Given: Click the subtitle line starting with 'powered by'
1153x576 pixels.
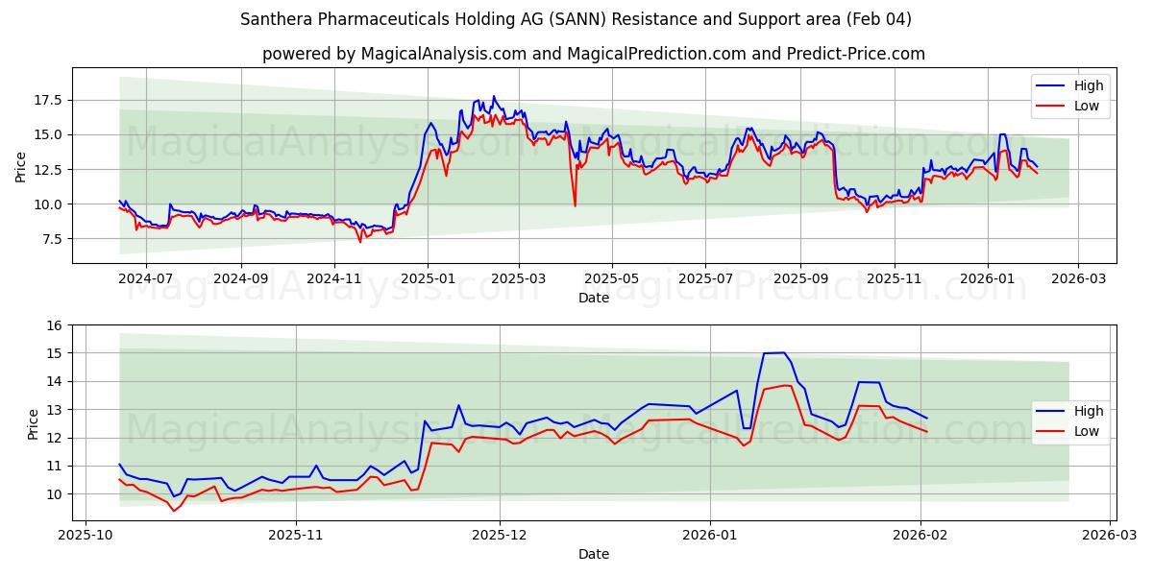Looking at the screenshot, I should pyautogui.click(x=593, y=54).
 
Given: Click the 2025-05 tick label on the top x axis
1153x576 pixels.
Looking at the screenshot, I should pyautogui.click(x=612, y=277).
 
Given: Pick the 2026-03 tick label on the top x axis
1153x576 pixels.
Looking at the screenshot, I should pyautogui.click(x=1078, y=277).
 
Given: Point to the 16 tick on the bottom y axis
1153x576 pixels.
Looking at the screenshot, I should pyautogui.click(x=54, y=325).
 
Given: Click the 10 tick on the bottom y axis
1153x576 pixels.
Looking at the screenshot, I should pyautogui.click(x=54, y=494).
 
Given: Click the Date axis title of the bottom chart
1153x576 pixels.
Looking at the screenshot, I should pyautogui.click(x=593, y=554).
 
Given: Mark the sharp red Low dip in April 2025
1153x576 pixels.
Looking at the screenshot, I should pyautogui.click(x=575, y=205).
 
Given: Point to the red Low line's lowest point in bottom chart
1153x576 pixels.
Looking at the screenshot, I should pyautogui.click(x=174, y=511).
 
